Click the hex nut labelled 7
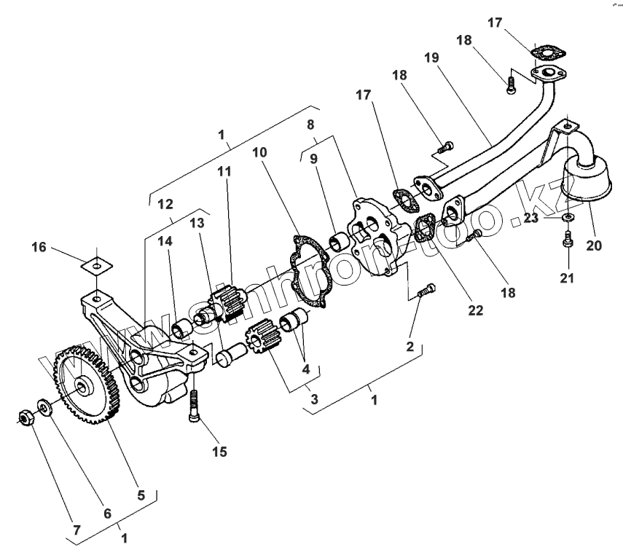[x=24, y=417]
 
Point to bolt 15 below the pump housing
[x=195, y=402]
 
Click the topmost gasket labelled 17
[x=544, y=52]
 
